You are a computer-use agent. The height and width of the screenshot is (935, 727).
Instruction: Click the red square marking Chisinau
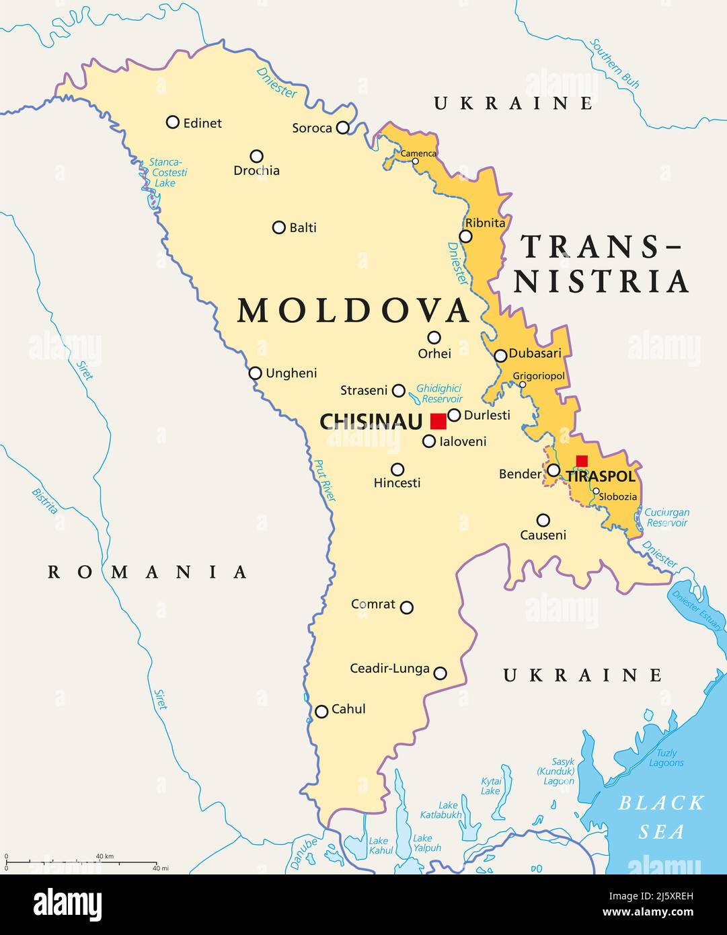(x=438, y=421)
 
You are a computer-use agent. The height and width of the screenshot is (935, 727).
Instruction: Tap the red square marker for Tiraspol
(x=582, y=461)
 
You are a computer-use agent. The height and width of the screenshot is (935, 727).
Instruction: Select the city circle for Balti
(x=279, y=227)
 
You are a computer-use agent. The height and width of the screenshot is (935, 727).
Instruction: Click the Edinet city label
(x=202, y=123)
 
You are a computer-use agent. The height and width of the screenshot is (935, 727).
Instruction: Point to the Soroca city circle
(x=343, y=127)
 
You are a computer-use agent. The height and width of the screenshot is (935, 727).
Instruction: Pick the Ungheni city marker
(x=256, y=373)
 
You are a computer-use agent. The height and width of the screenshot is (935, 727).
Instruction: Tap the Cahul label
(x=349, y=709)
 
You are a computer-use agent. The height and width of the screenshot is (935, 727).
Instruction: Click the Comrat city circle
(x=407, y=607)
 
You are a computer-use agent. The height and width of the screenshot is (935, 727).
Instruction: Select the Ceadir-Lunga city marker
(x=440, y=673)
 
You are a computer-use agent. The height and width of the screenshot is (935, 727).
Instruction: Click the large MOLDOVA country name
(x=353, y=311)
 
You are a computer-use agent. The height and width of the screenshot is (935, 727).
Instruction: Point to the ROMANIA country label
(x=148, y=572)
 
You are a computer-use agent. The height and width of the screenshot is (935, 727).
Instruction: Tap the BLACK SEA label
(x=662, y=817)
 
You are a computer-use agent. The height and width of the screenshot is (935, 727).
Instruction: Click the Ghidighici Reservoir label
(x=438, y=393)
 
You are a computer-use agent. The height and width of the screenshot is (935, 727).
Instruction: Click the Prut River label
(x=325, y=480)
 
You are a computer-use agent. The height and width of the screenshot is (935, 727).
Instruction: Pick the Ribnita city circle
(x=465, y=236)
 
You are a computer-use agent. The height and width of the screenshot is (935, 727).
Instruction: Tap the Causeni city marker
(x=543, y=520)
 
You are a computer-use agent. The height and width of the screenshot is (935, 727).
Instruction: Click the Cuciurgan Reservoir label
(x=666, y=517)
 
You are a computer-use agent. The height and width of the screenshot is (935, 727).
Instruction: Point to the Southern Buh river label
(x=614, y=64)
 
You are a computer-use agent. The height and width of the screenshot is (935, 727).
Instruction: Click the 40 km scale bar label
(x=104, y=856)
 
